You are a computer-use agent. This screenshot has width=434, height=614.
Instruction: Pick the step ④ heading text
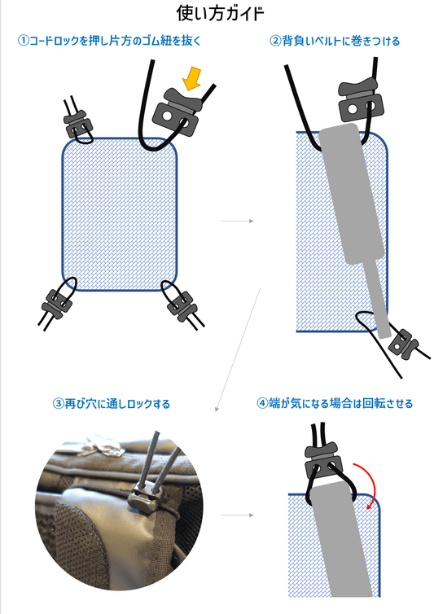tap(334, 403)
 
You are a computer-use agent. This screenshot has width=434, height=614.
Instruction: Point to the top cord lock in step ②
tap(357, 101)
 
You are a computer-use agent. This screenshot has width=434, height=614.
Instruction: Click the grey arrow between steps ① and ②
tap(238, 221)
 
